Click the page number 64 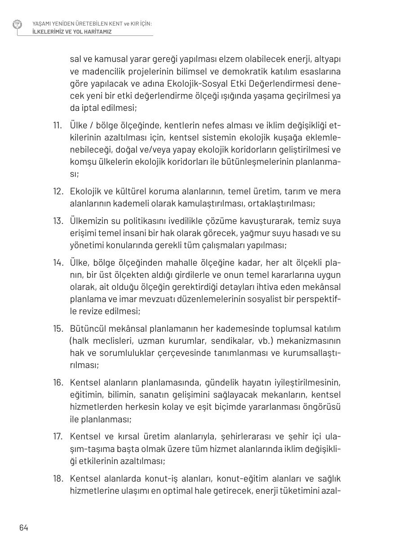click(24, 528)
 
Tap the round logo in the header click(18, 24)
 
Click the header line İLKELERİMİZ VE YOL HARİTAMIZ click(72, 32)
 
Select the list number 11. click(57, 125)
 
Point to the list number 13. click(58, 221)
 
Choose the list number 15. click(58, 329)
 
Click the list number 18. click(58, 479)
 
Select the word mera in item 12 click(332, 192)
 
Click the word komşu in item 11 click(82, 162)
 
